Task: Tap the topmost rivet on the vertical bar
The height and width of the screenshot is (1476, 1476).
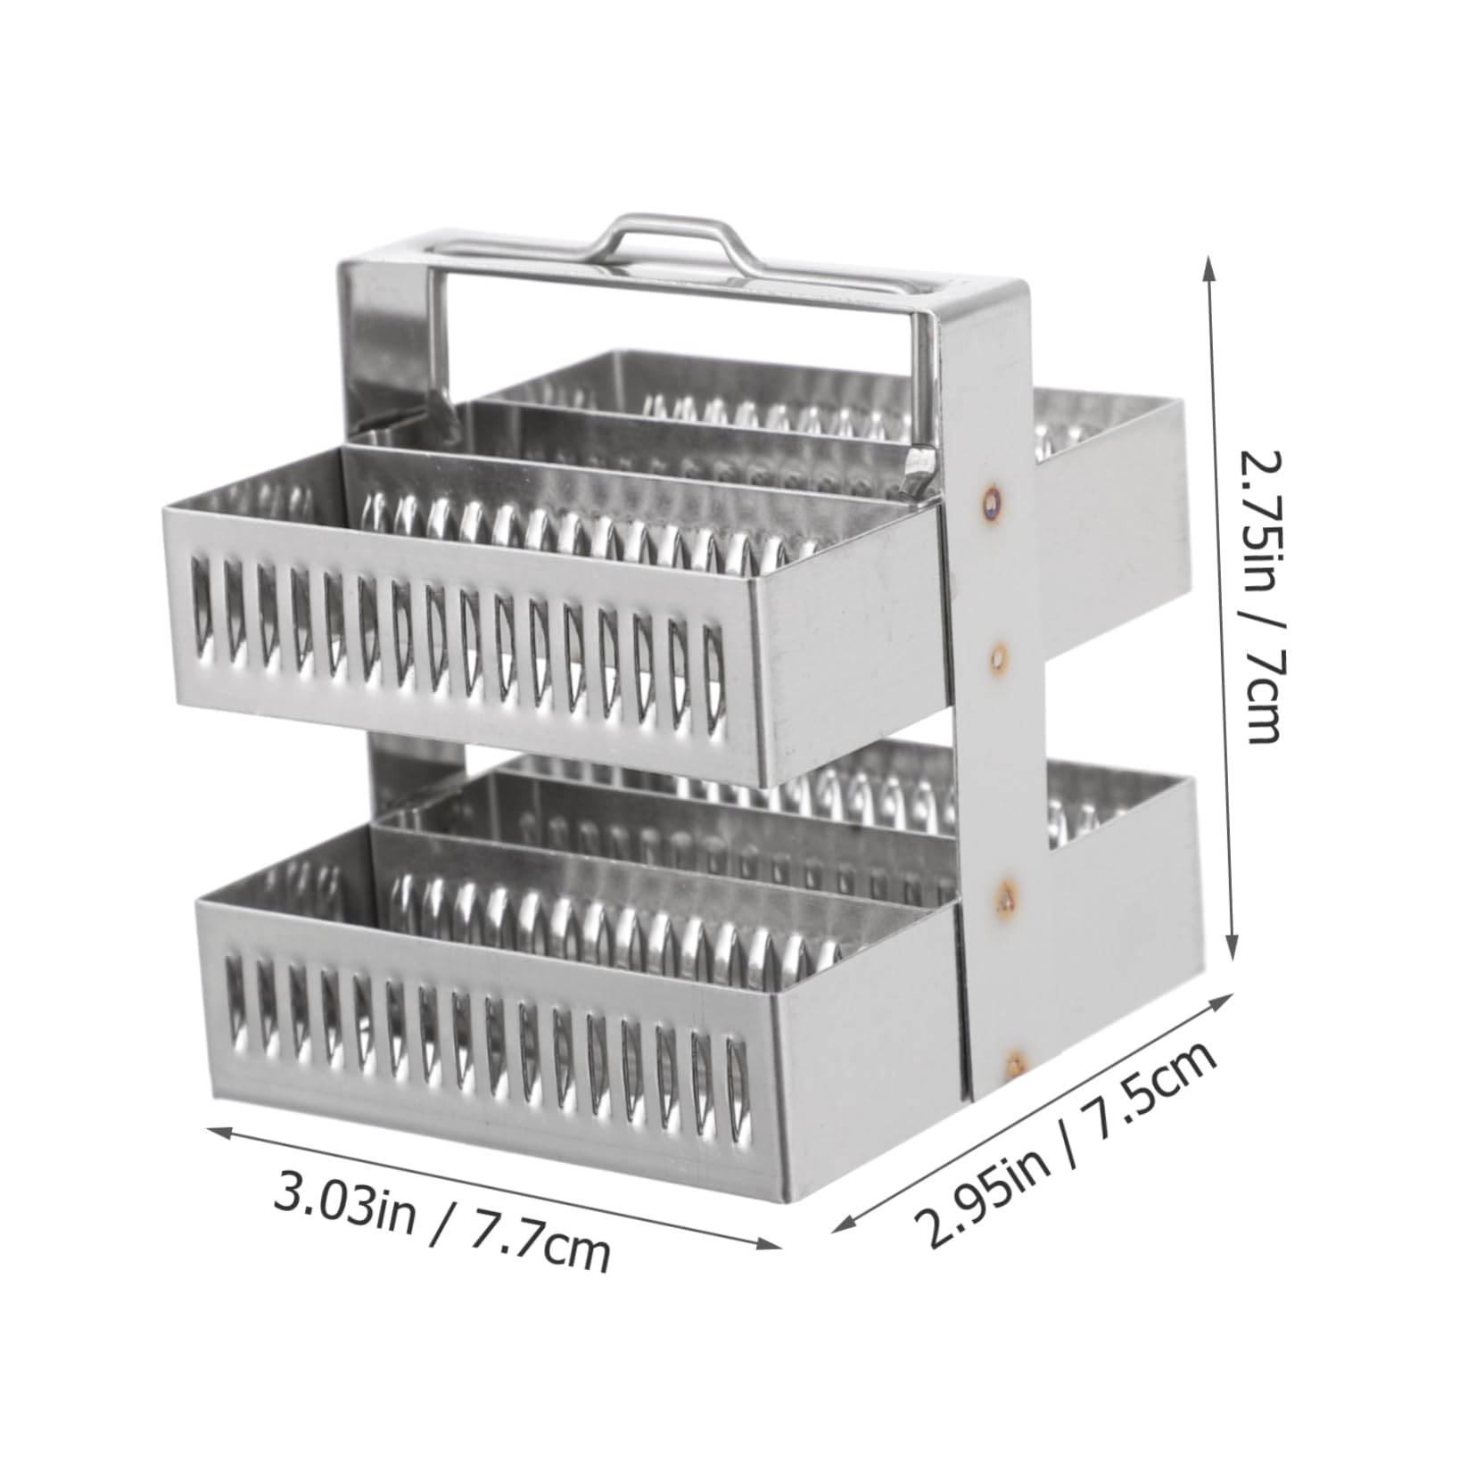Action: [991, 501]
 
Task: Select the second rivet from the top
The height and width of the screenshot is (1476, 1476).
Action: [998, 658]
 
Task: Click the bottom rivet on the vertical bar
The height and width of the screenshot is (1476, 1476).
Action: [1013, 1060]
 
